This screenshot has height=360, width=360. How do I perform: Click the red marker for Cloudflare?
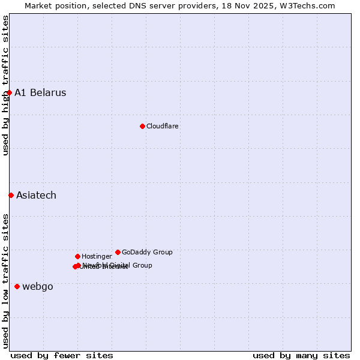point(142,126)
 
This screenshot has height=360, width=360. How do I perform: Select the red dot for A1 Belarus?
point(9,92)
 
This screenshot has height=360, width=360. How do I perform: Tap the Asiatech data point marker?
point(11,195)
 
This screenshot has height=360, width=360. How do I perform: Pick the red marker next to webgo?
point(17,286)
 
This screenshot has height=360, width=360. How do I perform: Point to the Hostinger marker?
point(77,256)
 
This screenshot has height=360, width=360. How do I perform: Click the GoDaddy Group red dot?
point(118,252)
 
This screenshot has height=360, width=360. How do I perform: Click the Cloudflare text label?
point(163,126)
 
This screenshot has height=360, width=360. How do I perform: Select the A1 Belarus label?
point(40,92)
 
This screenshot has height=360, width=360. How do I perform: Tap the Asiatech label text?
point(36,195)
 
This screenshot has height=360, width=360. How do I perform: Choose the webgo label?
point(38,286)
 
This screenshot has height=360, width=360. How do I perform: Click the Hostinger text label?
point(97,256)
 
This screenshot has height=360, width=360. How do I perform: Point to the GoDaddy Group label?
point(147,252)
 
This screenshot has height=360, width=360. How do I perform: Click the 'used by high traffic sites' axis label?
point(6,85)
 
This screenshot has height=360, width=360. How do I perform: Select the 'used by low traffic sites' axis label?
point(6,281)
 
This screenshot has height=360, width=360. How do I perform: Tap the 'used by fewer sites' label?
point(62,355)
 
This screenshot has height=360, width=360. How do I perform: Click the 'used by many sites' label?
point(301,355)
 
